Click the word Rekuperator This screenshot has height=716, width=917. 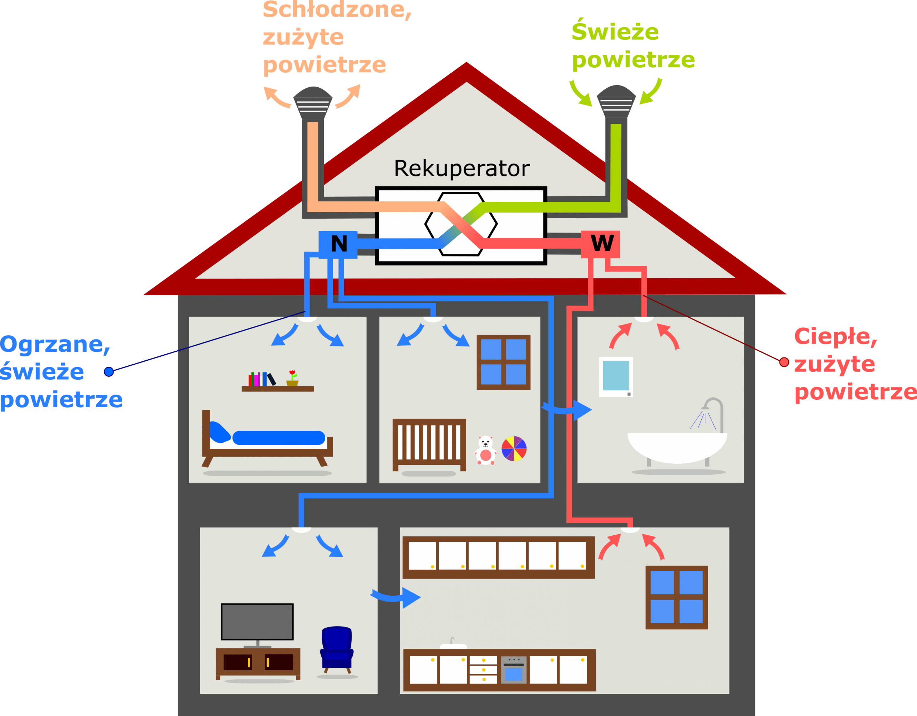461,169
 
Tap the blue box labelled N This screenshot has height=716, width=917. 339,244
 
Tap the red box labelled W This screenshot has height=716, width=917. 601,243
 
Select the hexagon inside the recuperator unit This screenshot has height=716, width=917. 461,224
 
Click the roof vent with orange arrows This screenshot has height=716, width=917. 312,102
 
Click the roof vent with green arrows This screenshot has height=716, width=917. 616,102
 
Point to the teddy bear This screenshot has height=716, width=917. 485,450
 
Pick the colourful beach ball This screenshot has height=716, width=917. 514,448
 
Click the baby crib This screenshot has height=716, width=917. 429,444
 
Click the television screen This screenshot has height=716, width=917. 257,622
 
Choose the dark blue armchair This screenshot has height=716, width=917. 336,648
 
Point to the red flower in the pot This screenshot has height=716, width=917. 292,373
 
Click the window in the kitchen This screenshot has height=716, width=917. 676,597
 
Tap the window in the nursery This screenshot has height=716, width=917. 503,362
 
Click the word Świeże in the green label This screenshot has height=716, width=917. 615,32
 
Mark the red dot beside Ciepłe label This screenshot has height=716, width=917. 784,362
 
